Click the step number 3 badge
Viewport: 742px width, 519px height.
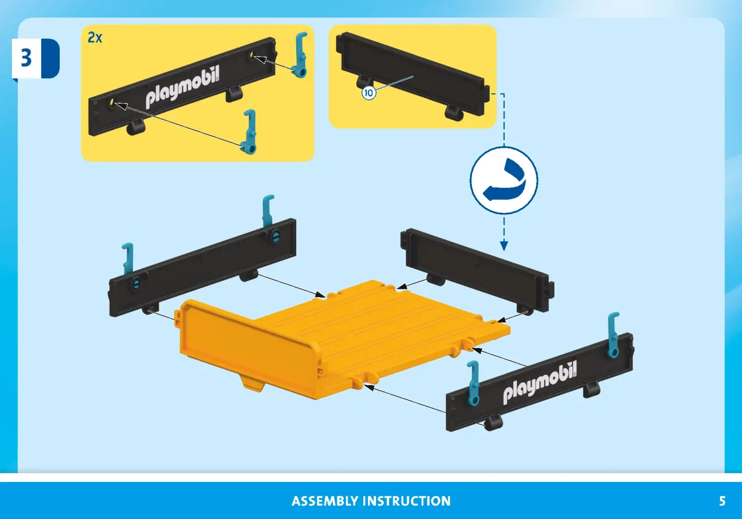tap(36, 58)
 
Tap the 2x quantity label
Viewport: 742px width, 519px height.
tap(95, 38)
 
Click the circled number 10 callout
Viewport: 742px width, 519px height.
tap(368, 93)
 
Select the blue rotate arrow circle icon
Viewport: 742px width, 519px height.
tap(503, 180)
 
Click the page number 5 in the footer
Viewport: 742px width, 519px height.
tap(722, 501)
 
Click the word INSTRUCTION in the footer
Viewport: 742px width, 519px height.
tap(407, 501)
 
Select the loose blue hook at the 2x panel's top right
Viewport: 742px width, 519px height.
tap(300, 55)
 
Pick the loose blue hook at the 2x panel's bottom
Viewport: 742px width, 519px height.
tap(249, 132)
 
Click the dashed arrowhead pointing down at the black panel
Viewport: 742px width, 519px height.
tap(504, 246)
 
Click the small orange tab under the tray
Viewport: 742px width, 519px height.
tap(253, 386)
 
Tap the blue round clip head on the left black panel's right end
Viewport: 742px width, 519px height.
tap(276, 236)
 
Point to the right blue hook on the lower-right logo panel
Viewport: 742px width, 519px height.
tap(613, 334)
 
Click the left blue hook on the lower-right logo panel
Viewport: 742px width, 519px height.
tap(474, 383)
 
